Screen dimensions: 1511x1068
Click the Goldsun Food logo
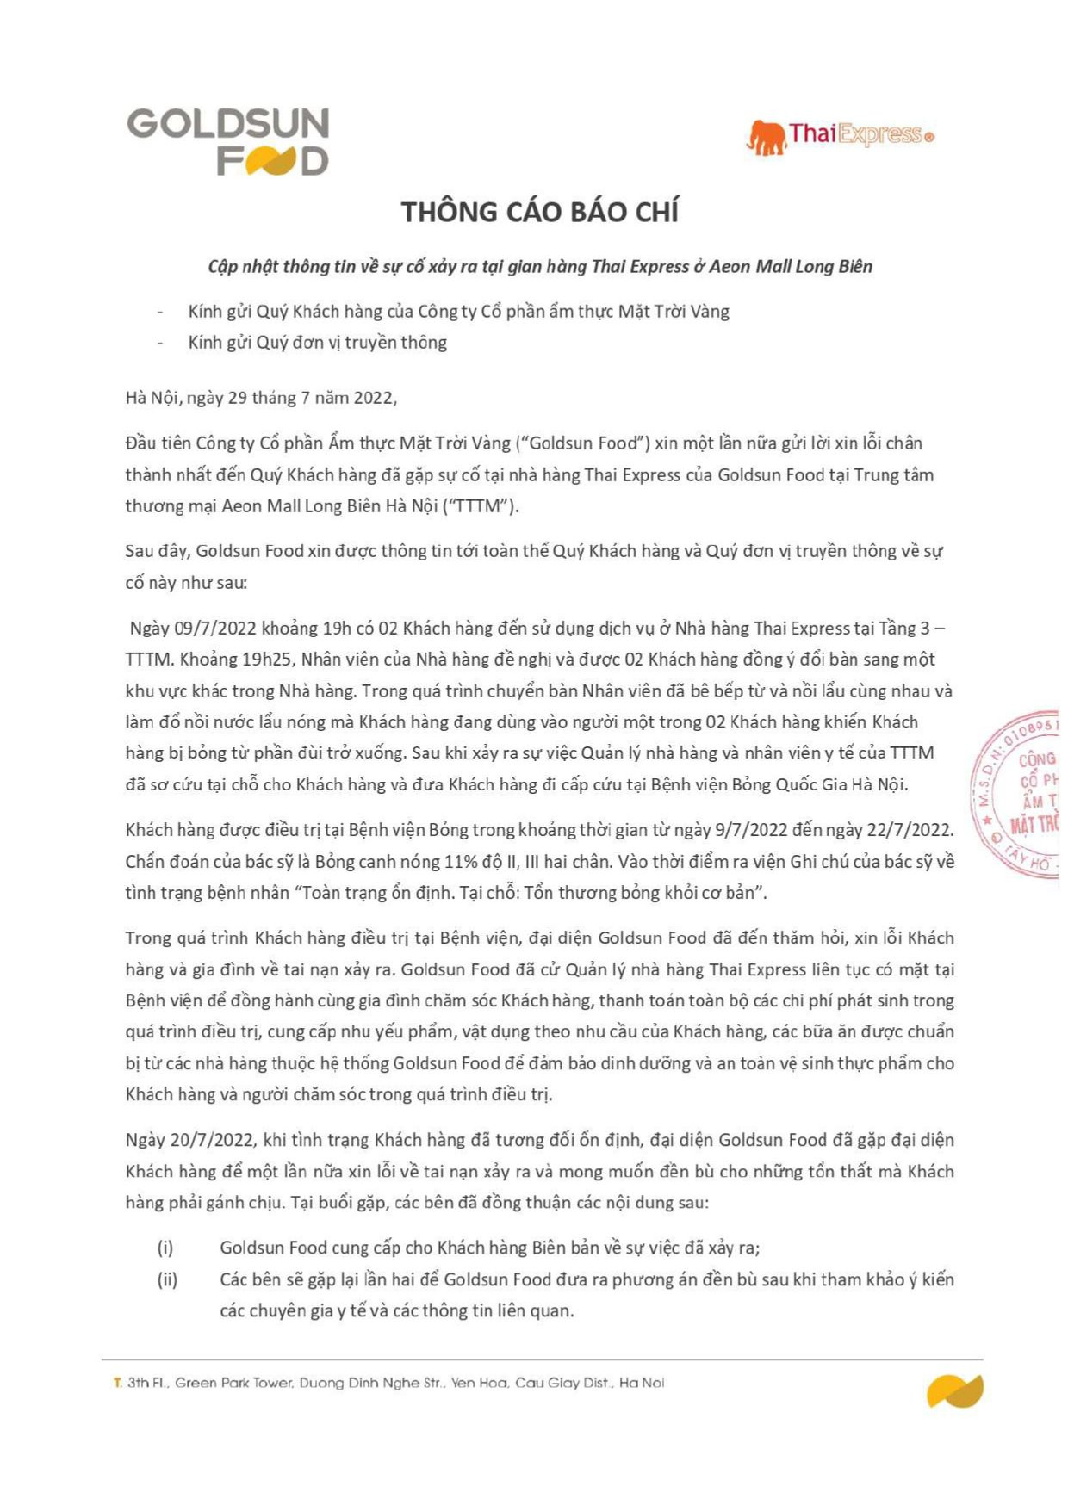click(228, 141)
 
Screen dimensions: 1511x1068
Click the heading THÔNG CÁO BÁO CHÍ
click(540, 213)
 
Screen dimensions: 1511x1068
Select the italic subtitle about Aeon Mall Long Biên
click(540, 267)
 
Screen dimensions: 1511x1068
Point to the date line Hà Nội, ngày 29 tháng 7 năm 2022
click(261, 398)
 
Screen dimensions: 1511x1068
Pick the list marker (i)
click(165, 1248)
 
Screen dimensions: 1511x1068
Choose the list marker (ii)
click(167, 1279)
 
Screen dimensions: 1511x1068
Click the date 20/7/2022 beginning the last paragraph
click(213, 1141)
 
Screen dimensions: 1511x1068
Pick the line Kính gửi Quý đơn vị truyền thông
click(318, 343)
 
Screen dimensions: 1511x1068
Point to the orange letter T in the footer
click(117, 1384)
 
